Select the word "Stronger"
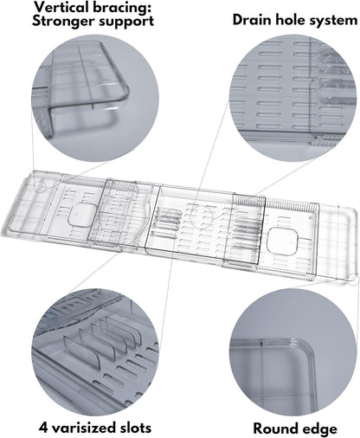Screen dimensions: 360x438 (x=65, y=21)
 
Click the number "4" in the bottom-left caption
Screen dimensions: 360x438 (x=43, y=428)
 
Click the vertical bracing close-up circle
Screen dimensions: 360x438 (x=95, y=98)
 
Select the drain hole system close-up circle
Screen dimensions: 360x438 (x=293, y=98)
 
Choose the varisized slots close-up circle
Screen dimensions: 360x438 (x=95, y=352)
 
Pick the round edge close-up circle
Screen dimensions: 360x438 (x=293, y=352)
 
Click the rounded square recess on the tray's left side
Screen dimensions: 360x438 (x=82, y=215)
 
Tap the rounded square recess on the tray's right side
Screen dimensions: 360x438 (x=282, y=241)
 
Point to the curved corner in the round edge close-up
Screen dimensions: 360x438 (x=305, y=347)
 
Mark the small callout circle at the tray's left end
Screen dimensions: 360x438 (x=40, y=186)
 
